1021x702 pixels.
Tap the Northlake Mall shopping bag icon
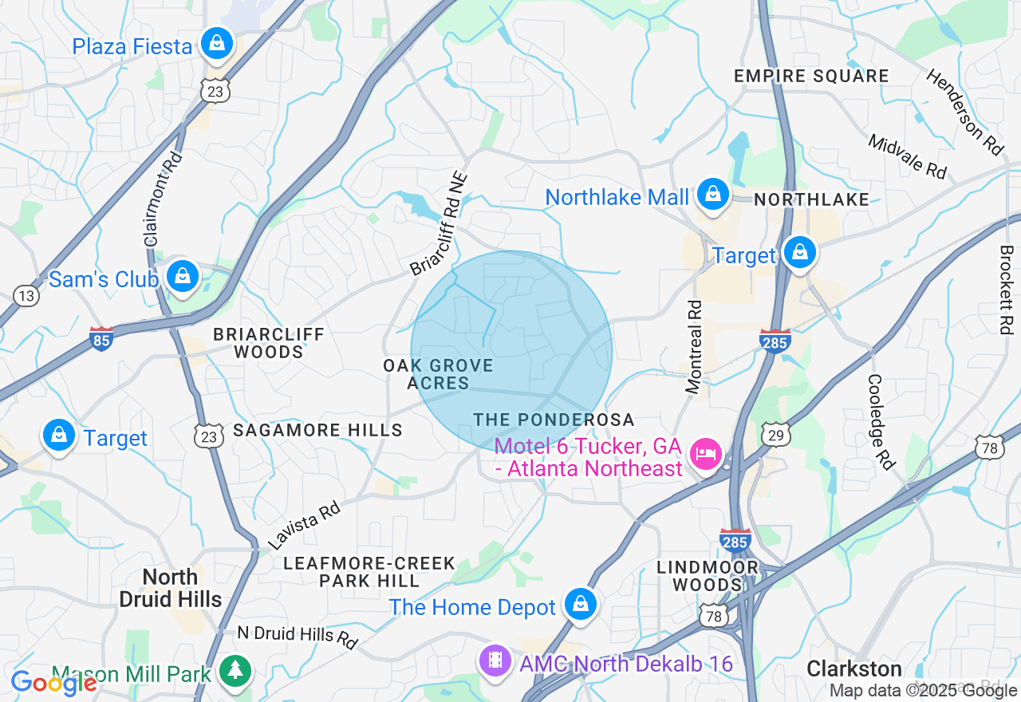(712, 194)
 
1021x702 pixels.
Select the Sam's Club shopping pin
(183, 277)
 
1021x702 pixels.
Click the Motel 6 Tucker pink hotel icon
(706, 456)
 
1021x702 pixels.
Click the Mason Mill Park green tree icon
(235, 671)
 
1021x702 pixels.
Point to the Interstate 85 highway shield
(101, 338)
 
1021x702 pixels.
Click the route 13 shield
(26, 296)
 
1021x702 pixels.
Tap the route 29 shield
(775, 435)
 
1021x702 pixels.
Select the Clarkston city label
(853, 668)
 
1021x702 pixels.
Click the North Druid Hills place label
(171, 587)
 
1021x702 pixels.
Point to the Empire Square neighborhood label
(811, 77)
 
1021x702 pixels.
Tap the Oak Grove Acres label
(438, 374)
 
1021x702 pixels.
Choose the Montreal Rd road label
(694, 346)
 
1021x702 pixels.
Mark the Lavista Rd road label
(304, 526)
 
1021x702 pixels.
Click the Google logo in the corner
(53, 683)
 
